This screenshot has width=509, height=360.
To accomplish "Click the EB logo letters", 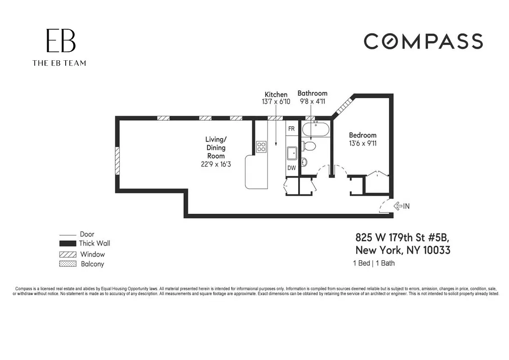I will [61, 41].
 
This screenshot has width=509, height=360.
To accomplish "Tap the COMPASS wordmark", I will [423, 41].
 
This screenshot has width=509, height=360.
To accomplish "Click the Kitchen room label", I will [276, 94].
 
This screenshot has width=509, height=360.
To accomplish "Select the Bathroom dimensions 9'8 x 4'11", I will [313, 102].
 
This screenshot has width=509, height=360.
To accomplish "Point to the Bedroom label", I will [362, 135].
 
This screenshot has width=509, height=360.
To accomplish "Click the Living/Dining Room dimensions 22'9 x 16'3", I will [216, 164].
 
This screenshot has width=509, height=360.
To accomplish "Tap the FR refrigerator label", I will [291, 129].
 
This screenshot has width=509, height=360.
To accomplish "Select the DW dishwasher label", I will [291, 168].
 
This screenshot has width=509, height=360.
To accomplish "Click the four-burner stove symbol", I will [261, 146].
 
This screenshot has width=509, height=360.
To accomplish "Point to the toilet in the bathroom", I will [309, 146].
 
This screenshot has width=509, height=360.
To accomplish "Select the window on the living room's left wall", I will [117, 161].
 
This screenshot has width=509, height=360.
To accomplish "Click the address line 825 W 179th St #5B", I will [402, 237].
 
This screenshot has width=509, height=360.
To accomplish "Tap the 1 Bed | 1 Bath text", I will [374, 263].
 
